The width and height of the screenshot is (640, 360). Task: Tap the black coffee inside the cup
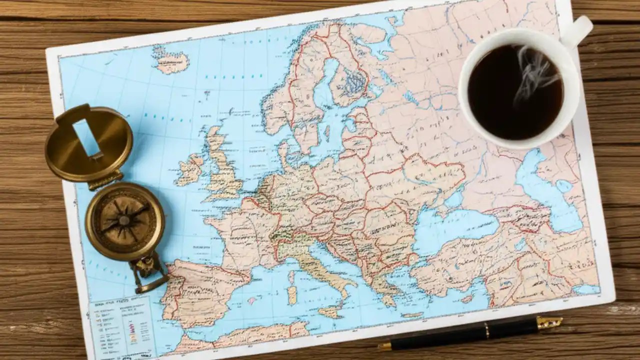[515, 92]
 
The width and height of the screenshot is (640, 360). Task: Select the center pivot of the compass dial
[124, 220]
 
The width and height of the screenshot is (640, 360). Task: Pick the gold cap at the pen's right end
[549, 323]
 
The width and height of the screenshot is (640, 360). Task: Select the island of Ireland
[190, 170]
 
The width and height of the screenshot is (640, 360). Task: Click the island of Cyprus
[467, 298]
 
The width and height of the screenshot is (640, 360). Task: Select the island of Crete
[413, 315]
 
